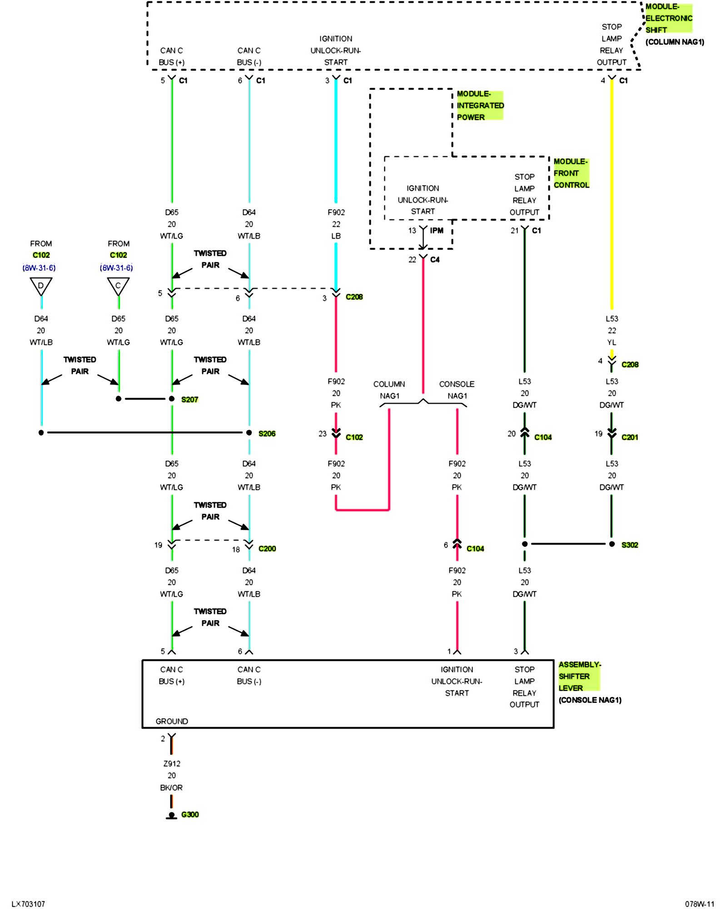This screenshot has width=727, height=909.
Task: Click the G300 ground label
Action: pos(190,814)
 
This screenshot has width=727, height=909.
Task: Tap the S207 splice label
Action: pos(189,400)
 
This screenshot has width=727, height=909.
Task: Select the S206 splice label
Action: pos(267,434)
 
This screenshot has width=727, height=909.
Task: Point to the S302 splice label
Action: pos(630,544)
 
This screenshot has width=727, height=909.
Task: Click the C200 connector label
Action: pos(267,549)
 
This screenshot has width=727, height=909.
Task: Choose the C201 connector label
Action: pos(630,437)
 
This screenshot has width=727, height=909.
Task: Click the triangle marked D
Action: pos(41,286)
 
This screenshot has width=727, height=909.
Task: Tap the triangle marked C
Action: pos(118,286)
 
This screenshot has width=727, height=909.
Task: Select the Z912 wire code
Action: pos(172,764)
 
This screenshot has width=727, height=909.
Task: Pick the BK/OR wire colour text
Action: pos(171,788)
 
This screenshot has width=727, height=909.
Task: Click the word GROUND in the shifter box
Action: pos(172,721)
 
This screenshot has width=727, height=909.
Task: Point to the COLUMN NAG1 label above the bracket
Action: pos(389,390)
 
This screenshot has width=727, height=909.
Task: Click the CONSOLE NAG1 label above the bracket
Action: pos(457,390)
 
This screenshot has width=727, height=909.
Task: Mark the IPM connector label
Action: pos(437,230)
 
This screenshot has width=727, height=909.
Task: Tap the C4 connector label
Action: pos(435,260)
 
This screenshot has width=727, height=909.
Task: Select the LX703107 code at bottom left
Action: pos(28,904)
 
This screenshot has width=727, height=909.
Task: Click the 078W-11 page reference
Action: pos(700,904)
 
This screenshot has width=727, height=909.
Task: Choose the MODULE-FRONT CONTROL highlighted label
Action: pos(571,173)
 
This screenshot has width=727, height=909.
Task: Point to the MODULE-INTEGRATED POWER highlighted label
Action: pos(480,105)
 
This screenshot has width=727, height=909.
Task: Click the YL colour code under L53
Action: pos(612,342)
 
